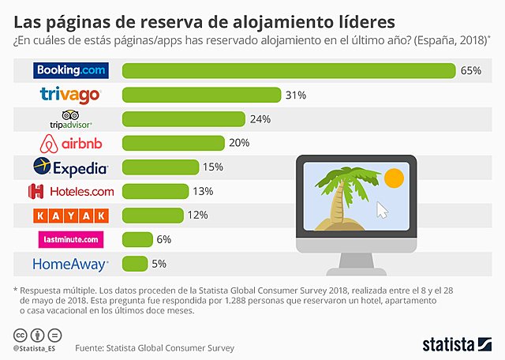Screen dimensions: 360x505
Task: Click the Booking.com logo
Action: [x=71, y=70]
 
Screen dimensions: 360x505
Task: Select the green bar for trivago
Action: [x=202, y=95]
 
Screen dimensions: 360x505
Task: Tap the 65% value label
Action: [x=470, y=71]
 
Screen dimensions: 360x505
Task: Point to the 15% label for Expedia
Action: [x=213, y=167]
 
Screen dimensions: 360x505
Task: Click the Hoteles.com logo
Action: [x=71, y=191]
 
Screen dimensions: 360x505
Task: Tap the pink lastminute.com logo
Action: [x=71, y=239]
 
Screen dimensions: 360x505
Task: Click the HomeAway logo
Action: [x=71, y=264]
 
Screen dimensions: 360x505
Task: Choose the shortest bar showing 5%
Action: [x=135, y=264]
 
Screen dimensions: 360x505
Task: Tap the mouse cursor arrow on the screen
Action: [x=383, y=210]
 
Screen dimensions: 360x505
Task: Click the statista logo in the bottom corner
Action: [x=457, y=344]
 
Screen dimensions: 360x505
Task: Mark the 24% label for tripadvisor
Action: [x=260, y=119]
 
